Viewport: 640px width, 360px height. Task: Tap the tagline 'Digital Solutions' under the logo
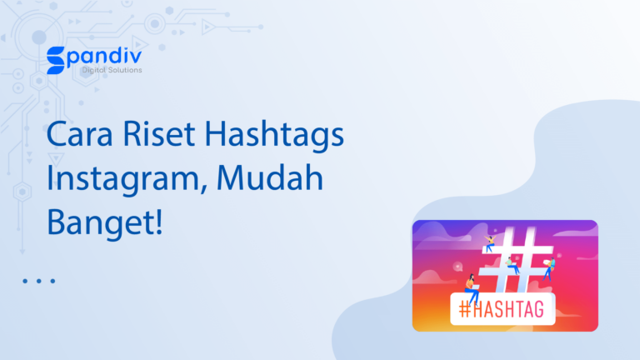(111, 70)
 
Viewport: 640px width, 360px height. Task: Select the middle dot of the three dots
(38, 282)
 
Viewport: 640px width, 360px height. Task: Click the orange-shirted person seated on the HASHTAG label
(473, 287)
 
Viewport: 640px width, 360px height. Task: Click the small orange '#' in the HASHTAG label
(466, 309)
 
